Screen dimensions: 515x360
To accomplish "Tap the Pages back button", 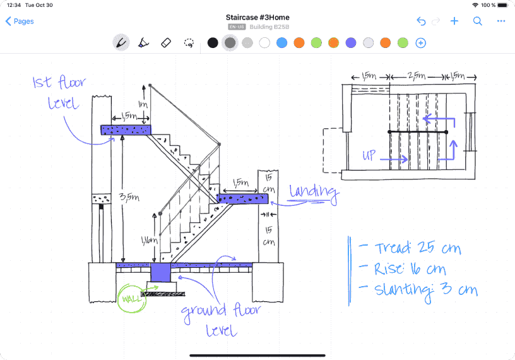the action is point(20,21).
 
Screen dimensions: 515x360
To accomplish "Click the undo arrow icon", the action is point(421,21).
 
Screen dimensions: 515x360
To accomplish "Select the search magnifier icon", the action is point(478,21).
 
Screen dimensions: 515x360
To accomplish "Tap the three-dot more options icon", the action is point(501,21).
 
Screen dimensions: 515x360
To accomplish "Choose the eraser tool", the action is point(166,43).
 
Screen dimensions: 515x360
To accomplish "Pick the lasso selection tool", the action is point(189,43).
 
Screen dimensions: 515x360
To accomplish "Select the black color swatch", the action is point(213,43).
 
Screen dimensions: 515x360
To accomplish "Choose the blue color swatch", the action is point(282,43).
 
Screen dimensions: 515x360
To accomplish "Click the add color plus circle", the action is point(421,43).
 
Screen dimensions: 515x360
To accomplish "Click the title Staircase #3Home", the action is point(257,18).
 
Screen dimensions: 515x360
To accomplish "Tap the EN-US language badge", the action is point(237,27).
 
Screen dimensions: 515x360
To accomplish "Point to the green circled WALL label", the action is point(132,298).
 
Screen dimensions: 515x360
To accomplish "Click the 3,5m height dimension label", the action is point(129,197).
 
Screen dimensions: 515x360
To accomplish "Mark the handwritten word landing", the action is point(314,193).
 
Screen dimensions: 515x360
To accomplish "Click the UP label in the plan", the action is point(369,155).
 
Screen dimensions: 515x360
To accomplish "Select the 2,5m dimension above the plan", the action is point(417,76).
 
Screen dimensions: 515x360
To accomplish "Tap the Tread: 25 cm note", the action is point(418,248).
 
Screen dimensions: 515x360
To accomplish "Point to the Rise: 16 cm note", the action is point(410,269).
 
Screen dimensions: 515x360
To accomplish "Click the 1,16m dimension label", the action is point(150,241).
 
